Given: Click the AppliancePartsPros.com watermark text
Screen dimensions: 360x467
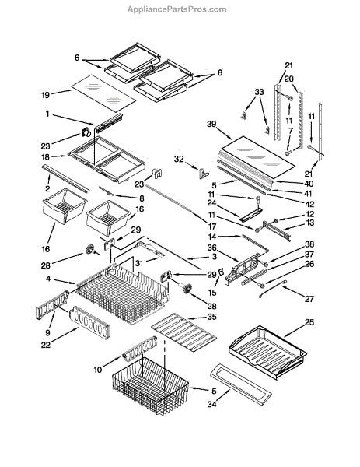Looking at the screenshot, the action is [x=177, y=9].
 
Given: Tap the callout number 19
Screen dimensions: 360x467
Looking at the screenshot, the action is [x=46, y=95].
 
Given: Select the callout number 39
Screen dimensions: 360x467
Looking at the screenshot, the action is [x=211, y=124].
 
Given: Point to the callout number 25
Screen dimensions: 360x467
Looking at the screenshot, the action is [x=309, y=322].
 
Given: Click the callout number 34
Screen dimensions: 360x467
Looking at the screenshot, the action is [x=211, y=404].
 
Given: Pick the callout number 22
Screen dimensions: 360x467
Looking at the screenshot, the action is [x=46, y=345].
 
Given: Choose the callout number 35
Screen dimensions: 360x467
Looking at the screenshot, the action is [x=211, y=317].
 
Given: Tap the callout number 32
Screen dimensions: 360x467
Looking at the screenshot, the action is [x=179, y=159].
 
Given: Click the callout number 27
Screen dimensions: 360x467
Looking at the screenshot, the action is [x=309, y=298].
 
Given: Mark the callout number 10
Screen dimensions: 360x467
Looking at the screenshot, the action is [x=98, y=370].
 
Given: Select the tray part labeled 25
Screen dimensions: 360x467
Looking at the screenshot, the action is [x=267, y=353].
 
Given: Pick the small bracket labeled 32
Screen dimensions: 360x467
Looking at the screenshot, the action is [x=204, y=173].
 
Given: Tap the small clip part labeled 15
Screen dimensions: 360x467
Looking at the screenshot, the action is [x=220, y=272].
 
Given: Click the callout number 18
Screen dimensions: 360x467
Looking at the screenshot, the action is [x=46, y=157].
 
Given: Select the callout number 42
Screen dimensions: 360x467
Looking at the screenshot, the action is [x=309, y=204].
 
